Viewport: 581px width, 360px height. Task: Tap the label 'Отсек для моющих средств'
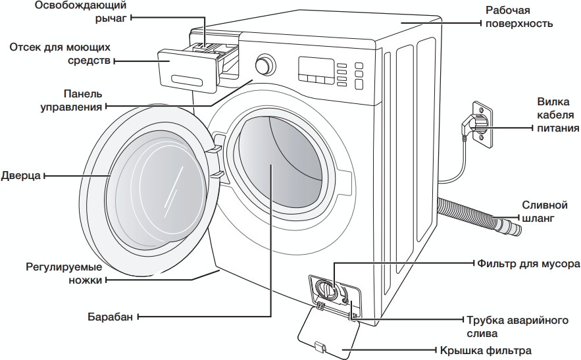pyautogui.click(x=60, y=54)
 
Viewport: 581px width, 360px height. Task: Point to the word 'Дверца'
pyautogui.click(x=21, y=176)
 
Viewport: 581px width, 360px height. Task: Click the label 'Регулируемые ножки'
pyautogui.click(x=64, y=273)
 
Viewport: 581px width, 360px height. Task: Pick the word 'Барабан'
pyautogui.click(x=110, y=317)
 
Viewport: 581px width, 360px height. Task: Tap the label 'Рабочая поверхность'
pyautogui.click(x=517, y=16)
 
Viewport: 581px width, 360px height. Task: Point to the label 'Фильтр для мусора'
pyautogui.click(x=528, y=263)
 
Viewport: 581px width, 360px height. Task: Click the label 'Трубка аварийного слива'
pyautogui.click(x=517, y=326)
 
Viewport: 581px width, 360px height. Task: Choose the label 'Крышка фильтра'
pyautogui.click(x=488, y=350)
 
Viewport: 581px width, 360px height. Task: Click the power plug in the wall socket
pyautogui.click(x=478, y=122)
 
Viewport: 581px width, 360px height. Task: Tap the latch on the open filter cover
pyautogui.click(x=320, y=347)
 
